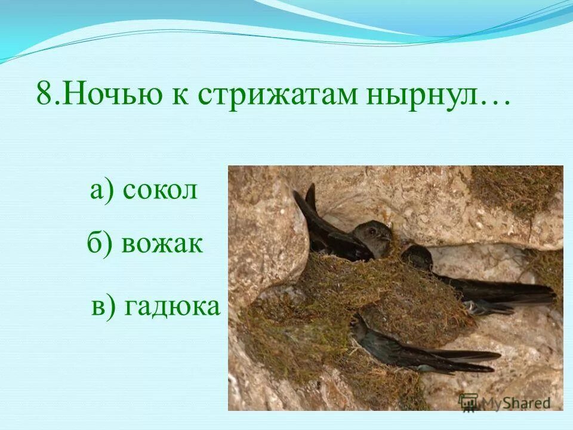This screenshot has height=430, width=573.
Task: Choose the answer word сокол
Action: [159, 191]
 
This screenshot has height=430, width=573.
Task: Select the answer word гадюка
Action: [173, 306]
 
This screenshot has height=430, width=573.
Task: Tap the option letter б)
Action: [100, 244]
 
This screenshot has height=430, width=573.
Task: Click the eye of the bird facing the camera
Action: [372, 231]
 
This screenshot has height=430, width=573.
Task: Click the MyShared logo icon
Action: [469, 402]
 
